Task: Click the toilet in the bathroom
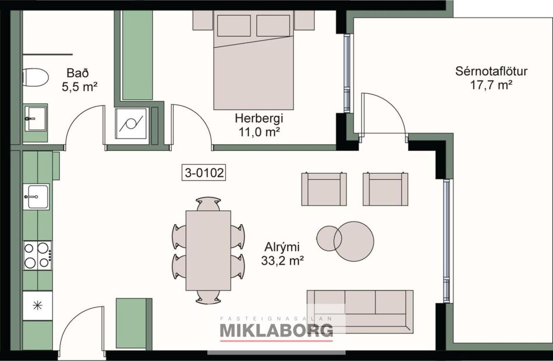click(35, 77)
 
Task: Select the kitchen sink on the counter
click(36, 197)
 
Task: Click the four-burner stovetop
click(37, 255)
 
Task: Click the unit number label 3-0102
click(204, 172)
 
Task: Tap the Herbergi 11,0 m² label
click(257, 125)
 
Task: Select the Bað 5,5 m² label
click(79, 80)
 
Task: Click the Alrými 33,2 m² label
click(283, 254)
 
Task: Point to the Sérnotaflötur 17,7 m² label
click(491, 78)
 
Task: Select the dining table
click(208, 250)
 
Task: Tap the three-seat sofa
click(360, 311)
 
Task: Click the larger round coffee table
click(355, 241)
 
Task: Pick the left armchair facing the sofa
click(324, 189)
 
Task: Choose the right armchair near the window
click(385, 189)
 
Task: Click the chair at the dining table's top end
click(208, 203)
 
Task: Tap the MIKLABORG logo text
click(276, 330)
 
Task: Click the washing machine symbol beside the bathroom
click(130, 123)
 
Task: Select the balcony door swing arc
click(384, 114)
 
